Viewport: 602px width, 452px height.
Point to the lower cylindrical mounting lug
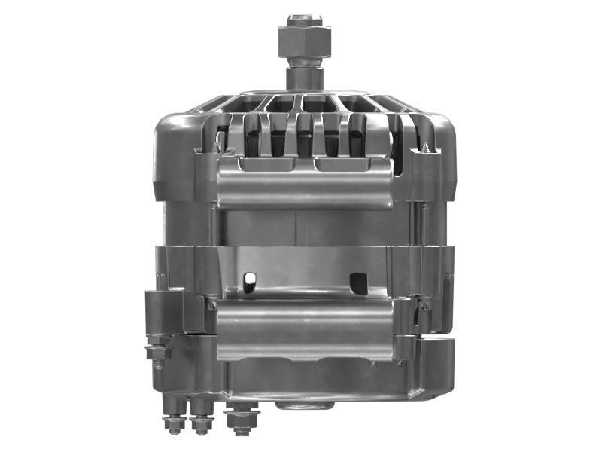pyautogui.click(x=304, y=328)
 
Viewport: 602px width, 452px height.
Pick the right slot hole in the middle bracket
pyautogui.click(x=359, y=283)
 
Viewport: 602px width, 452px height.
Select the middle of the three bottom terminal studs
pyautogui.click(x=201, y=423)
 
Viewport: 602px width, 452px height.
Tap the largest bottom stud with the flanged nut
pyautogui.click(x=242, y=419)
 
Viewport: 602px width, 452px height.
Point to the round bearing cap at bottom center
pyautogui.click(x=305, y=405)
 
